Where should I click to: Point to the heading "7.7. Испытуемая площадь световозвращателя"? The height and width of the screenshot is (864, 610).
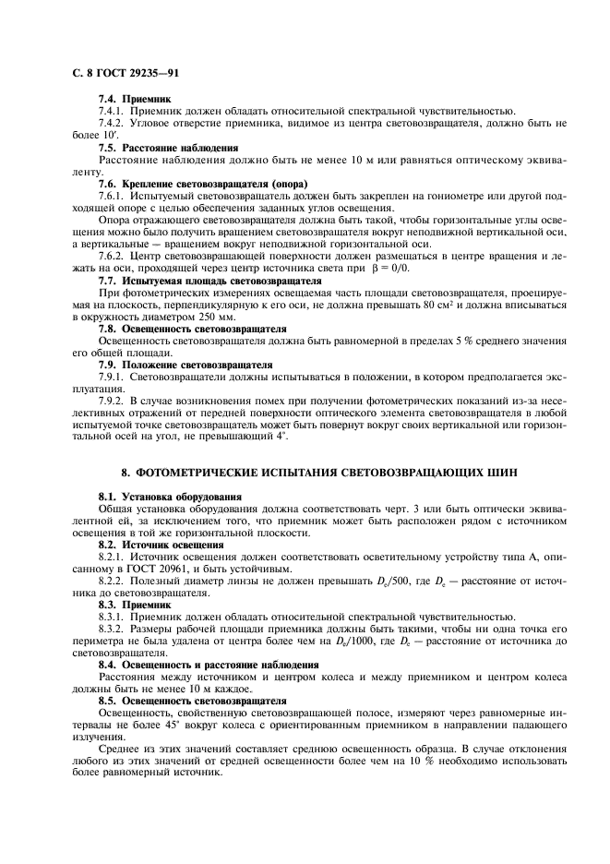pyautogui.click(x=209, y=280)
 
